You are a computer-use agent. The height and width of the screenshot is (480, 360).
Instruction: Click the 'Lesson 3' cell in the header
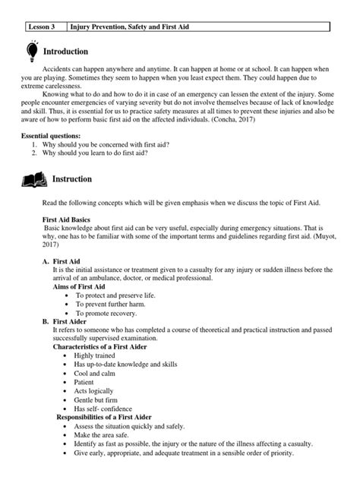pos(44,27)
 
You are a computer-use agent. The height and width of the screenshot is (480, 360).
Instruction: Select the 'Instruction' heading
pos(72,180)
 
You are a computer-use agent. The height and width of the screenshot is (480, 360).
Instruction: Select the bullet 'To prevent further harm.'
pos(112,305)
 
